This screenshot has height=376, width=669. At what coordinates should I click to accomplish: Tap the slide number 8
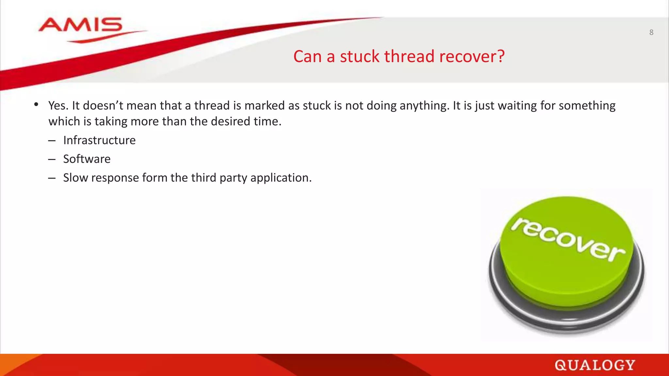point(651,32)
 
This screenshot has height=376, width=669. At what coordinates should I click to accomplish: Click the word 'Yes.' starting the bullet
point(58,106)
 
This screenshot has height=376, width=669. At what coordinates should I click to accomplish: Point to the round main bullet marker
point(36,104)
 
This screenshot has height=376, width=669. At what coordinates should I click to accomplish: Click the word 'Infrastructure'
point(99,140)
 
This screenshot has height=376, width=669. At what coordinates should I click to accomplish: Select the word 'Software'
point(87,159)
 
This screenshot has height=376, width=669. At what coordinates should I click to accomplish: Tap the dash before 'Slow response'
point(52,178)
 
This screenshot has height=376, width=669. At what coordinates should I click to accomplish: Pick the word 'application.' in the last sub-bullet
point(281,178)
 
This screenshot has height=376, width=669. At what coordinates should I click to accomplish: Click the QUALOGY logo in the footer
point(595,365)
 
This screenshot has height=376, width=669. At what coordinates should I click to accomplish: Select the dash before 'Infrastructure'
point(52,141)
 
